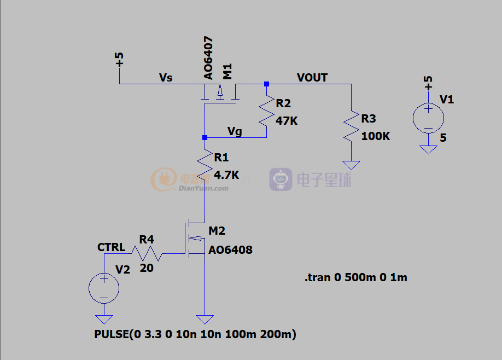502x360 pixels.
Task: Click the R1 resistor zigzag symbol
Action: pos(205,165)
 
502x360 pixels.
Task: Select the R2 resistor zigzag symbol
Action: pos(267,111)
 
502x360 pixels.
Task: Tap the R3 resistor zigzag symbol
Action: pos(351,126)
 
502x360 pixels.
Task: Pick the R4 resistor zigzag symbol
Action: pos(147,253)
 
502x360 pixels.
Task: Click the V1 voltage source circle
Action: pos(428,118)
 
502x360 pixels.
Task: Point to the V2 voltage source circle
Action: pos(104,288)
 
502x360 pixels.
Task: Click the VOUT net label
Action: pos(312,78)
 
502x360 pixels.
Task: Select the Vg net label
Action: pos(235,131)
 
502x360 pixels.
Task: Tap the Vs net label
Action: pos(166,78)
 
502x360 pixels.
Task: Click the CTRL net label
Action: pos(111,247)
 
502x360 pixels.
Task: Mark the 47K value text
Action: pos(287,121)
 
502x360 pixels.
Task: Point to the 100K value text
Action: pos(376,136)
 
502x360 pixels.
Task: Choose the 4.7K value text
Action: pos(226,175)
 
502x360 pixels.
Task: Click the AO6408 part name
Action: pos(231,250)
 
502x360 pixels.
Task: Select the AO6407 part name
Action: pos(208,58)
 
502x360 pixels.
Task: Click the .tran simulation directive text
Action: pos(355,277)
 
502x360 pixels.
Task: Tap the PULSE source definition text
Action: pos(195,334)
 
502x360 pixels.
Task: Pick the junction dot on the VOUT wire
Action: pos(267,84)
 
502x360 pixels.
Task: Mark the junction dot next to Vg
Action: pos(205,138)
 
